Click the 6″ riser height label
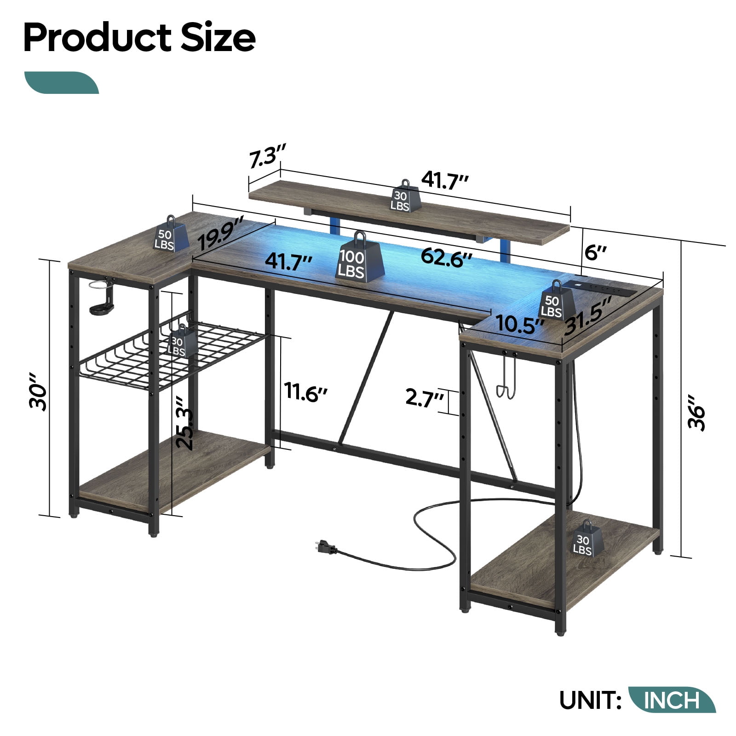tap(596, 253)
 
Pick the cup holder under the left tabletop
tap(102, 296)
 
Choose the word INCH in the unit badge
tap(672, 700)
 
